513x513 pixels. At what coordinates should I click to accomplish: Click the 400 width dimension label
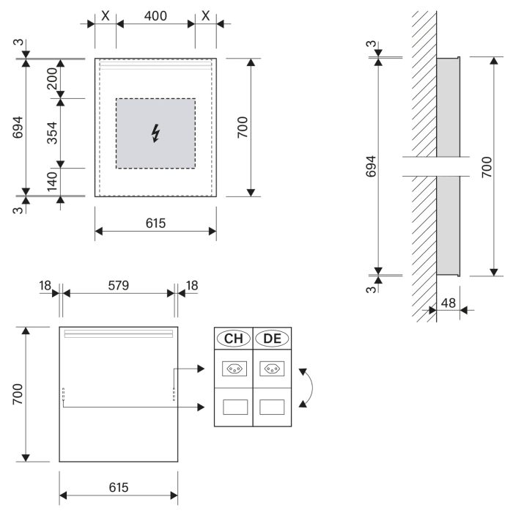click(x=155, y=15)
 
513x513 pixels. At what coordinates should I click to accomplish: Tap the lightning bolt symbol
click(x=155, y=133)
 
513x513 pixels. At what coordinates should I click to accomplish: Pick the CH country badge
click(x=233, y=339)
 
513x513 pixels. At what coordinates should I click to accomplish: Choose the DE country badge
click(x=271, y=339)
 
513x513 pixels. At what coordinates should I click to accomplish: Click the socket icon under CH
click(x=233, y=369)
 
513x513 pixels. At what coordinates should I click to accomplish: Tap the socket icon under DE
click(x=271, y=369)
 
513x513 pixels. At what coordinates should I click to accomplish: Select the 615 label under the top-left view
click(x=155, y=222)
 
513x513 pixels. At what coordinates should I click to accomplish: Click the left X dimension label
click(x=106, y=15)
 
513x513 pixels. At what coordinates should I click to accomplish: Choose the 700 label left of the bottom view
click(x=19, y=394)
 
